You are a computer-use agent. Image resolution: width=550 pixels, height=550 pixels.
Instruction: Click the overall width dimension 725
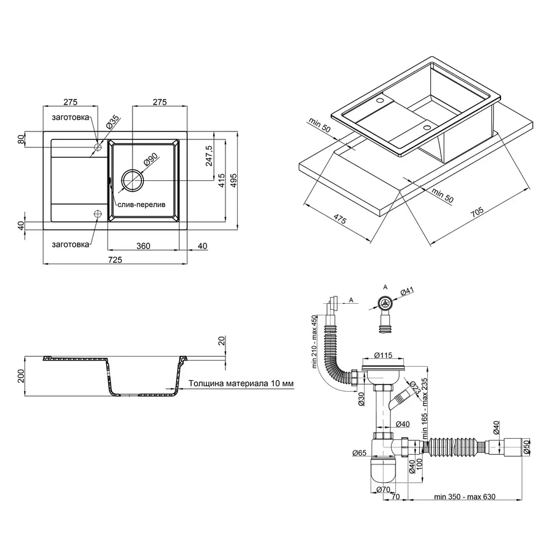coord(115,260)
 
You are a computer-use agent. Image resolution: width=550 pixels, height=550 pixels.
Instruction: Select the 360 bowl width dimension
coord(143,246)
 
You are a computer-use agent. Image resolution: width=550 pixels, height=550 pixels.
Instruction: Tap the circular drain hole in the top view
coord(132,180)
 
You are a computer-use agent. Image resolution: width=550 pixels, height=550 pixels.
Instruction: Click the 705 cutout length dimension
coord(476,213)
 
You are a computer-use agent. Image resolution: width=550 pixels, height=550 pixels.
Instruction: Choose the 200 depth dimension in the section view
coord(21,375)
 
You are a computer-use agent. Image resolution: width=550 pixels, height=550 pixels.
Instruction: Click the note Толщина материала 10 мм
coord(241,383)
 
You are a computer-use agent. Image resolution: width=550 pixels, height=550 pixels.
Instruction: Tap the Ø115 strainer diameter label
coord(383,354)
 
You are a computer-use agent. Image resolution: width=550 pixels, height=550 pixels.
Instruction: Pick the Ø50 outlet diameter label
coord(526,447)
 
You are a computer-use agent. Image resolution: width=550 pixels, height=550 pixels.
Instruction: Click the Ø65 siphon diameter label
coord(359,453)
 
